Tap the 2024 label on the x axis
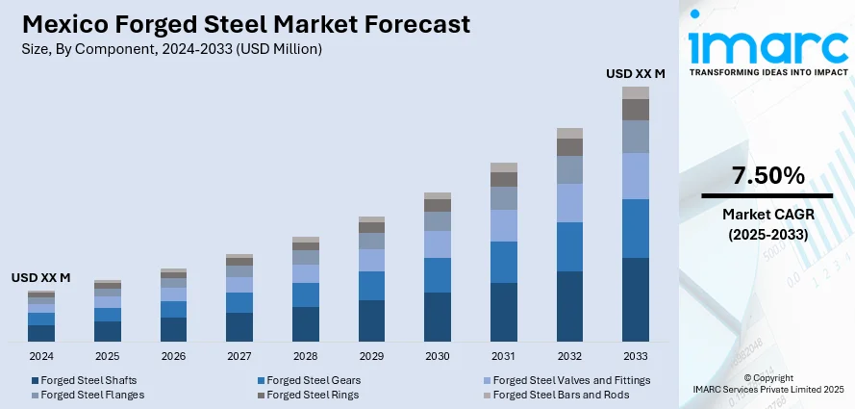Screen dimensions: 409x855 41,356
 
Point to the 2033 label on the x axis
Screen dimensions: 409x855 636,356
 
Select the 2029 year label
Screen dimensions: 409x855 371,356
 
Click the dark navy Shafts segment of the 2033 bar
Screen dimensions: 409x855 636,299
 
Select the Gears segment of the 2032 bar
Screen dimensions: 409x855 569,246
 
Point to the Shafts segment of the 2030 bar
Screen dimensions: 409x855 438,317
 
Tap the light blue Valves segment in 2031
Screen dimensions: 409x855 504,225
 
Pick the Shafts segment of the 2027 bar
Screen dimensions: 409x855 239,326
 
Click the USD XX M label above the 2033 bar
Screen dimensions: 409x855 635,73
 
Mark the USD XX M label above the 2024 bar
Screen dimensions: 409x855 41,277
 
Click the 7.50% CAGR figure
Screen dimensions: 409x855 767,176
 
